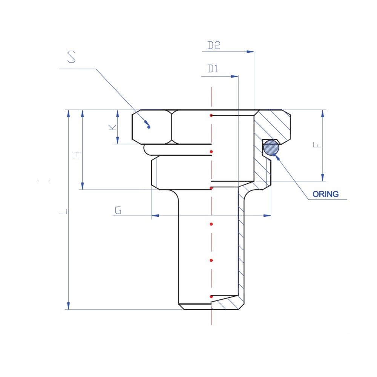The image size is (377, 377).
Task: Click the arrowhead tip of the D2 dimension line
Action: tap(254, 52)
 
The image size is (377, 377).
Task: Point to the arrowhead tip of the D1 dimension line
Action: tap(238, 77)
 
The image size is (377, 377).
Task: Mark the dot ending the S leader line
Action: tap(149, 127)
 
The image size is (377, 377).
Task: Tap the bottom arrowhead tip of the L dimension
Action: tap(69, 310)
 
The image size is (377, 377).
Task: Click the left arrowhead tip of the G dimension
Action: tap(152, 216)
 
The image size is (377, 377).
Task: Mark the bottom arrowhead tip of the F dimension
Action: tap(323, 181)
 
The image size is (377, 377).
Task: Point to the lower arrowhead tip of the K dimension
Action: tap(118, 144)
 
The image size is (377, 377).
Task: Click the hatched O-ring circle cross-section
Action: tap(271, 148)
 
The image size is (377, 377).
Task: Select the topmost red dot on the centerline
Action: tap(211, 116)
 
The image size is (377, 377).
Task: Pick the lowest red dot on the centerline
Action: tap(211, 297)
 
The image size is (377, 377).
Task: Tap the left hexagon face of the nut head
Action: tap(152, 127)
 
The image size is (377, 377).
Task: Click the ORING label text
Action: tap(326, 194)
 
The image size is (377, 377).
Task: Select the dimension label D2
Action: tap(214, 46)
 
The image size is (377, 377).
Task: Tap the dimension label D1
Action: tap(213, 69)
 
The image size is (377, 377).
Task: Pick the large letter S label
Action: tap(71, 57)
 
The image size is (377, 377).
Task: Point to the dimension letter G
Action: tap(118, 210)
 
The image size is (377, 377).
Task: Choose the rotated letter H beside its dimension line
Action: tap(78, 154)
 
